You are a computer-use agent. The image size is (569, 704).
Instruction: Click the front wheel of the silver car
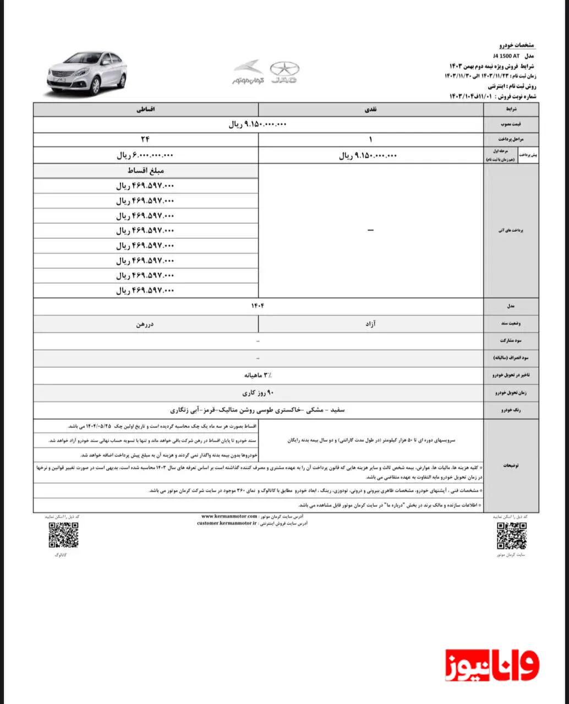pyautogui.click(x=95, y=86)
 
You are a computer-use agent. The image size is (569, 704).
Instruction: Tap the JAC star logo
pyautogui.click(x=284, y=70)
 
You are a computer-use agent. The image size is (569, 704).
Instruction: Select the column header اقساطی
pyautogui.click(x=146, y=109)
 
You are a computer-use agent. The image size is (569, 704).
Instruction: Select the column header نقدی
pyautogui.click(x=370, y=109)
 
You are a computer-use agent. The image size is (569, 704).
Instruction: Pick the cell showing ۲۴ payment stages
pyautogui.click(x=146, y=140)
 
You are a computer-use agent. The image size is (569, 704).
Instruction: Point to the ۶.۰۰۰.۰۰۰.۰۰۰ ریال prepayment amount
pyautogui.click(x=145, y=156)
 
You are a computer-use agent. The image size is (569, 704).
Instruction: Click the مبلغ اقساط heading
pyautogui.click(x=145, y=171)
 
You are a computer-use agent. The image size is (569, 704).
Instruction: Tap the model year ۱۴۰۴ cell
pyautogui.click(x=258, y=305)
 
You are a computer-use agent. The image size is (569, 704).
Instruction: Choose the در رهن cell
pyautogui.click(x=146, y=324)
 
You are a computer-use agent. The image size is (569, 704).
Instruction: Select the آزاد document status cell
pyautogui.click(x=370, y=324)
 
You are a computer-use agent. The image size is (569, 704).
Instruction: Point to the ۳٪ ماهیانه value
pyautogui.click(x=258, y=375)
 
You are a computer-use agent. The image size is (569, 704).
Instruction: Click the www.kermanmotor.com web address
pyautogui.click(x=229, y=516)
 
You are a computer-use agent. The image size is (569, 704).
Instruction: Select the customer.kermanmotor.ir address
pyautogui.click(x=227, y=524)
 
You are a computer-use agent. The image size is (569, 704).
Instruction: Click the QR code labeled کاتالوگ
pyautogui.click(x=63, y=535)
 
